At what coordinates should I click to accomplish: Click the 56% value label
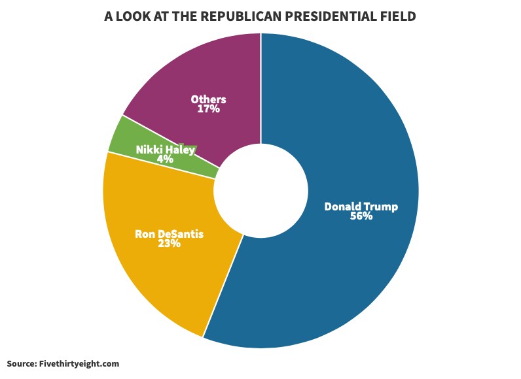tap(361, 216)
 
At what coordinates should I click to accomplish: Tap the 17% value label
tap(208, 109)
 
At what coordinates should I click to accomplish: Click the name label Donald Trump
tap(361, 206)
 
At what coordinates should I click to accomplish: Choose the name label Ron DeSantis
tap(169, 233)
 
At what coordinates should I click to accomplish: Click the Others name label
tap(208, 99)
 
